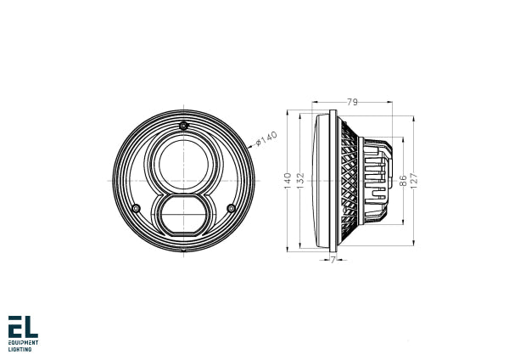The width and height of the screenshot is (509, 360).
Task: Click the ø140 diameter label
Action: click(x=267, y=135)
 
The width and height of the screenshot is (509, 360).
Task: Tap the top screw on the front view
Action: click(x=183, y=127)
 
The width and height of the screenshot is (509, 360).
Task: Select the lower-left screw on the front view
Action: click(x=136, y=208)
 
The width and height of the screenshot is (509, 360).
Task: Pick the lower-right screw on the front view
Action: click(x=231, y=208)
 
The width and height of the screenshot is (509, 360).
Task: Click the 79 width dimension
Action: click(x=351, y=103)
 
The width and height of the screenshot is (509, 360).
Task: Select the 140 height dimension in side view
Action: click(x=288, y=179)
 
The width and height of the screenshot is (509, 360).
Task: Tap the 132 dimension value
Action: click(x=301, y=179)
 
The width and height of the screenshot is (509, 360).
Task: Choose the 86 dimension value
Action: click(x=402, y=180)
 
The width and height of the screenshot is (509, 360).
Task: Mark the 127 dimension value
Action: click(x=415, y=180)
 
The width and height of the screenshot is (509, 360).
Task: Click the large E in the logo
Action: click(x=14, y=326)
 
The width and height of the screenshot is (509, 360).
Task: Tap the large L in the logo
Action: click(x=31, y=326)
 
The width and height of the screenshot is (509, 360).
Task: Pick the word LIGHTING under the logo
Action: click(x=20, y=349)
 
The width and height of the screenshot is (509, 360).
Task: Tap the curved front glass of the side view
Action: click(x=320, y=180)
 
